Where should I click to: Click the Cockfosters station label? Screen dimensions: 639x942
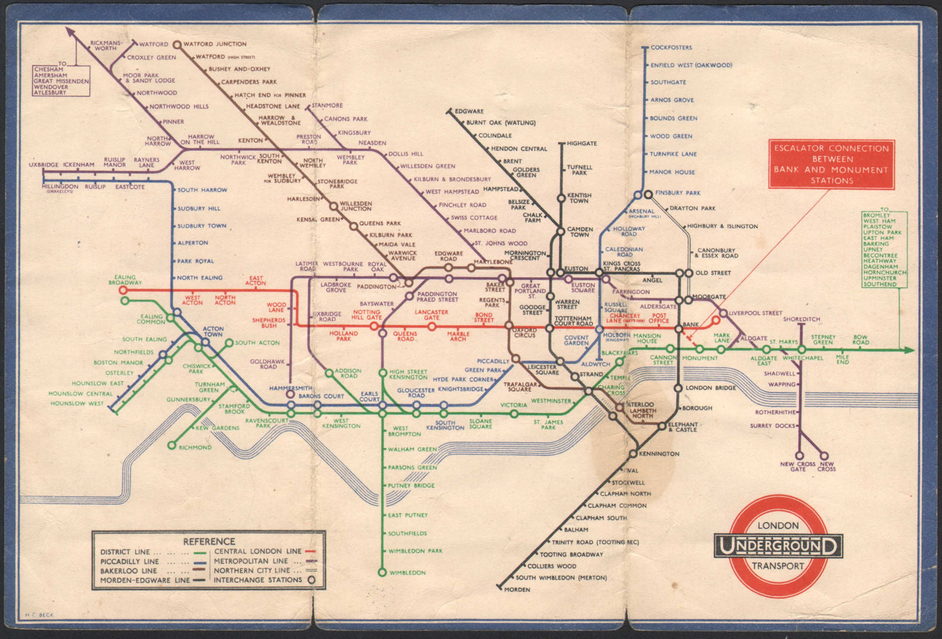pyautogui.click(x=671, y=48)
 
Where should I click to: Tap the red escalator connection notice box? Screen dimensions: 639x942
pyautogui.click(x=831, y=164)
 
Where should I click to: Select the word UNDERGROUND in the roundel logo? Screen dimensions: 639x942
pyautogui.click(x=778, y=547)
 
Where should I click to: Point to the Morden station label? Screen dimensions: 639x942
pyautogui.click(x=517, y=590)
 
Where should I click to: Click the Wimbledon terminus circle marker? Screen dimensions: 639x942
pyautogui.click(x=382, y=572)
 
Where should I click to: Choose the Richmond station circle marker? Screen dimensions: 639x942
pyautogui.click(x=171, y=446)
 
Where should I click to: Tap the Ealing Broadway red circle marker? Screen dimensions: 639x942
pyautogui.click(x=123, y=290)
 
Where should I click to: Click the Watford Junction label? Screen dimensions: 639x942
pyautogui.click(x=215, y=44)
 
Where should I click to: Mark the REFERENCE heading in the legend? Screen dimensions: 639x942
pyautogui.click(x=208, y=541)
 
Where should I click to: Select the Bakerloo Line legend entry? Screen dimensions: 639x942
pyautogui.click(x=128, y=571)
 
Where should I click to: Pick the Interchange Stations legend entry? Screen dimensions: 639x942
pyautogui.click(x=257, y=580)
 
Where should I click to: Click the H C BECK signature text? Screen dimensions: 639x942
pyautogui.click(x=39, y=615)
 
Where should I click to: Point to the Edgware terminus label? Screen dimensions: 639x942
pyautogui.click(x=469, y=111)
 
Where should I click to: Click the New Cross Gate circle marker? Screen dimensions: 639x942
pyautogui.click(x=800, y=455)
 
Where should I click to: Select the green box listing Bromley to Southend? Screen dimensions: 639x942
pyautogui.click(x=884, y=250)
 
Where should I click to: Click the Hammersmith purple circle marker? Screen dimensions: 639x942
pyautogui.click(x=290, y=395)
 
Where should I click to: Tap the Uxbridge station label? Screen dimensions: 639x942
pyautogui.click(x=44, y=165)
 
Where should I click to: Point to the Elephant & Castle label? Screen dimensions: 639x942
pyautogui.click(x=683, y=427)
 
